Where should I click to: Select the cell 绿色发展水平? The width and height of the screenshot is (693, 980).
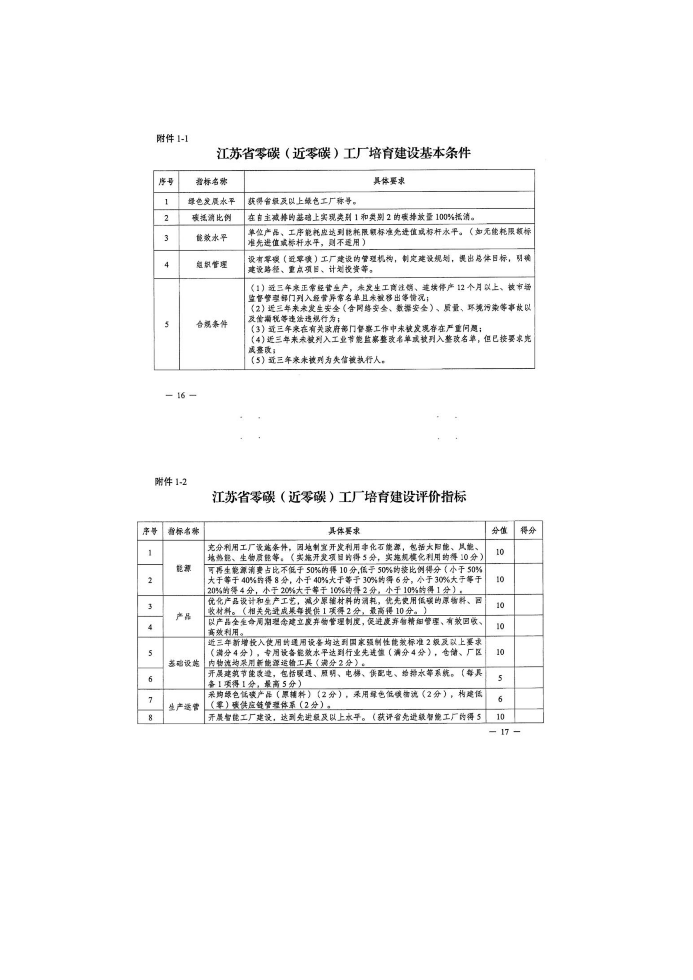pyautogui.click(x=212, y=201)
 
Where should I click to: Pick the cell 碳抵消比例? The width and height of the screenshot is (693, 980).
pyautogui.click(x=212, y=218)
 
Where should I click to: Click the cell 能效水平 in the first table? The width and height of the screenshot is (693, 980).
pyautogui.click(x=212, y=238)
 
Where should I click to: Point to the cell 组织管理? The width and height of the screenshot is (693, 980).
pyautogui.click(x=212, y=264)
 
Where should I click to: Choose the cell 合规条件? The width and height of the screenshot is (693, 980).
pyautogui.click(x=212, y=324)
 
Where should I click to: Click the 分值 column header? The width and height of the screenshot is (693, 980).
pyautogui.click(x=500, y=530)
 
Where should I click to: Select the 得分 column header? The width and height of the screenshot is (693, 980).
pyautogui.click(x=528, y=530)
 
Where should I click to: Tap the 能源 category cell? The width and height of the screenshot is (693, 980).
pyautogui.click(x=184, y=568)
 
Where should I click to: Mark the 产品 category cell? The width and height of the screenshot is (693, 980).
pyautogui.click(x=184, y=617)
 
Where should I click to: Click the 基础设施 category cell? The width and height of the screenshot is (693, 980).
pyautogui.click(x=184, y=663)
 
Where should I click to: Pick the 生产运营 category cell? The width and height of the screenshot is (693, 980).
pyautogui.click(x=184, y=707)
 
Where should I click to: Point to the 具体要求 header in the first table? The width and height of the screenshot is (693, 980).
pyautogui.click(x=389, y=181)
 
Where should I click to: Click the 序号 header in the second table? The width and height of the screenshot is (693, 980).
pyautogui.click(x=150, y=530)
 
